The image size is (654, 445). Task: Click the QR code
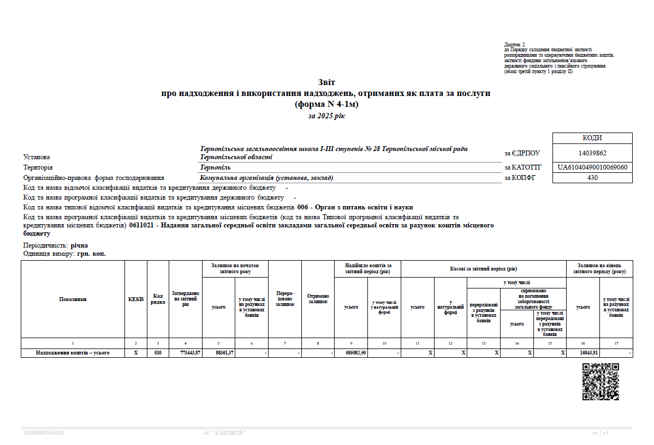[x=601, y=381]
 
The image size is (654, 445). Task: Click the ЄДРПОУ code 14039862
[x=592, y=153]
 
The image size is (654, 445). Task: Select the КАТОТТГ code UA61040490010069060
[x=592, y=167]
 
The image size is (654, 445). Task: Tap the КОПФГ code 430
[x=592, y=177]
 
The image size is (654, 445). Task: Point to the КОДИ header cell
[x=592, y=138]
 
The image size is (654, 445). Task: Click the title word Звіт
[x=326, y=82]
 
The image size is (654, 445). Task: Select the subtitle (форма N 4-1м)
[x=326, y=104]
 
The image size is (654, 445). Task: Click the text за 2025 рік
[x=326, y=116]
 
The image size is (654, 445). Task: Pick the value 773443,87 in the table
[x=191, y=353]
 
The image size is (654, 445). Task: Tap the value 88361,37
[x=224, y=353]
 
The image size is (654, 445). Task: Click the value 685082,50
[x=356, y=353]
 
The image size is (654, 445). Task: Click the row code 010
[x=158, y=353]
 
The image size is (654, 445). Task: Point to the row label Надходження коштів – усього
[x=73, y=353]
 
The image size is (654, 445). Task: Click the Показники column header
[x=73, y=299]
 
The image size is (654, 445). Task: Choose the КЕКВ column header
[x=136, y=299]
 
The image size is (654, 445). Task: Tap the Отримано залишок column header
[x=318, y=299]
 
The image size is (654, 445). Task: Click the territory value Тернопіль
[x=216, y=167]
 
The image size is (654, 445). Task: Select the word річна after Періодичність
[x=79, y=245]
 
